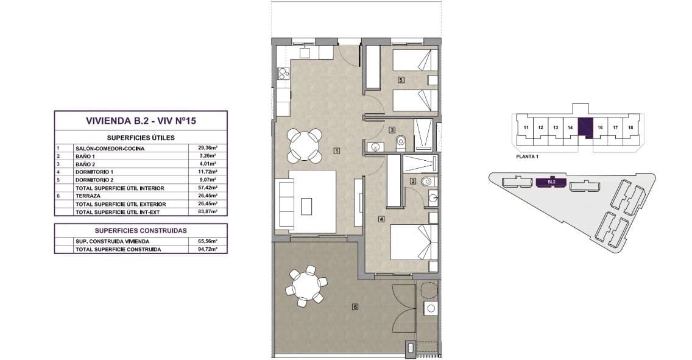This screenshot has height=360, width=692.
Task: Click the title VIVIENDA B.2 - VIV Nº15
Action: click(x=141, y=121)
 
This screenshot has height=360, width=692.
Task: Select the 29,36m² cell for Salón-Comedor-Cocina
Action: click(x=208, y=148)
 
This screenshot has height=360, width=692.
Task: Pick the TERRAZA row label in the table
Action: click(x=88, y=196)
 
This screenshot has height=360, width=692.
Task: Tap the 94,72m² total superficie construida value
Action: click(x=208, y=249)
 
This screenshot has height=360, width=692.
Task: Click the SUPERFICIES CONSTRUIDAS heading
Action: click(x=141, y=231)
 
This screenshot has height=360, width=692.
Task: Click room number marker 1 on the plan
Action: click(x=337, y=151)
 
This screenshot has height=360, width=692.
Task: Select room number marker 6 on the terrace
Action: click(x=355, y=306)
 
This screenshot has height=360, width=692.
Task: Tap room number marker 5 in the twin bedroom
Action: click(x=401, y=80)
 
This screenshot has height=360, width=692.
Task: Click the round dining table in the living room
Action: click(x=305, y=145)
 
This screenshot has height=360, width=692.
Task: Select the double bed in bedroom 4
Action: click(x=414, y=242)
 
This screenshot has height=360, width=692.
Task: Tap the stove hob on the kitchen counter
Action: click(x=283, y=73)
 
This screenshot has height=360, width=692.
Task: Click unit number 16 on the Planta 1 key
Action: click(x=600, y=128)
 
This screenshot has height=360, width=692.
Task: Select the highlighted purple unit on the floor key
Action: click(x=585, y=128)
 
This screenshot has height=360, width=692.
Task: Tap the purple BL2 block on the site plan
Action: click(x=551, y=182)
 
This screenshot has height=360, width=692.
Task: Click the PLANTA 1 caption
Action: click(x=527, y=157)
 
